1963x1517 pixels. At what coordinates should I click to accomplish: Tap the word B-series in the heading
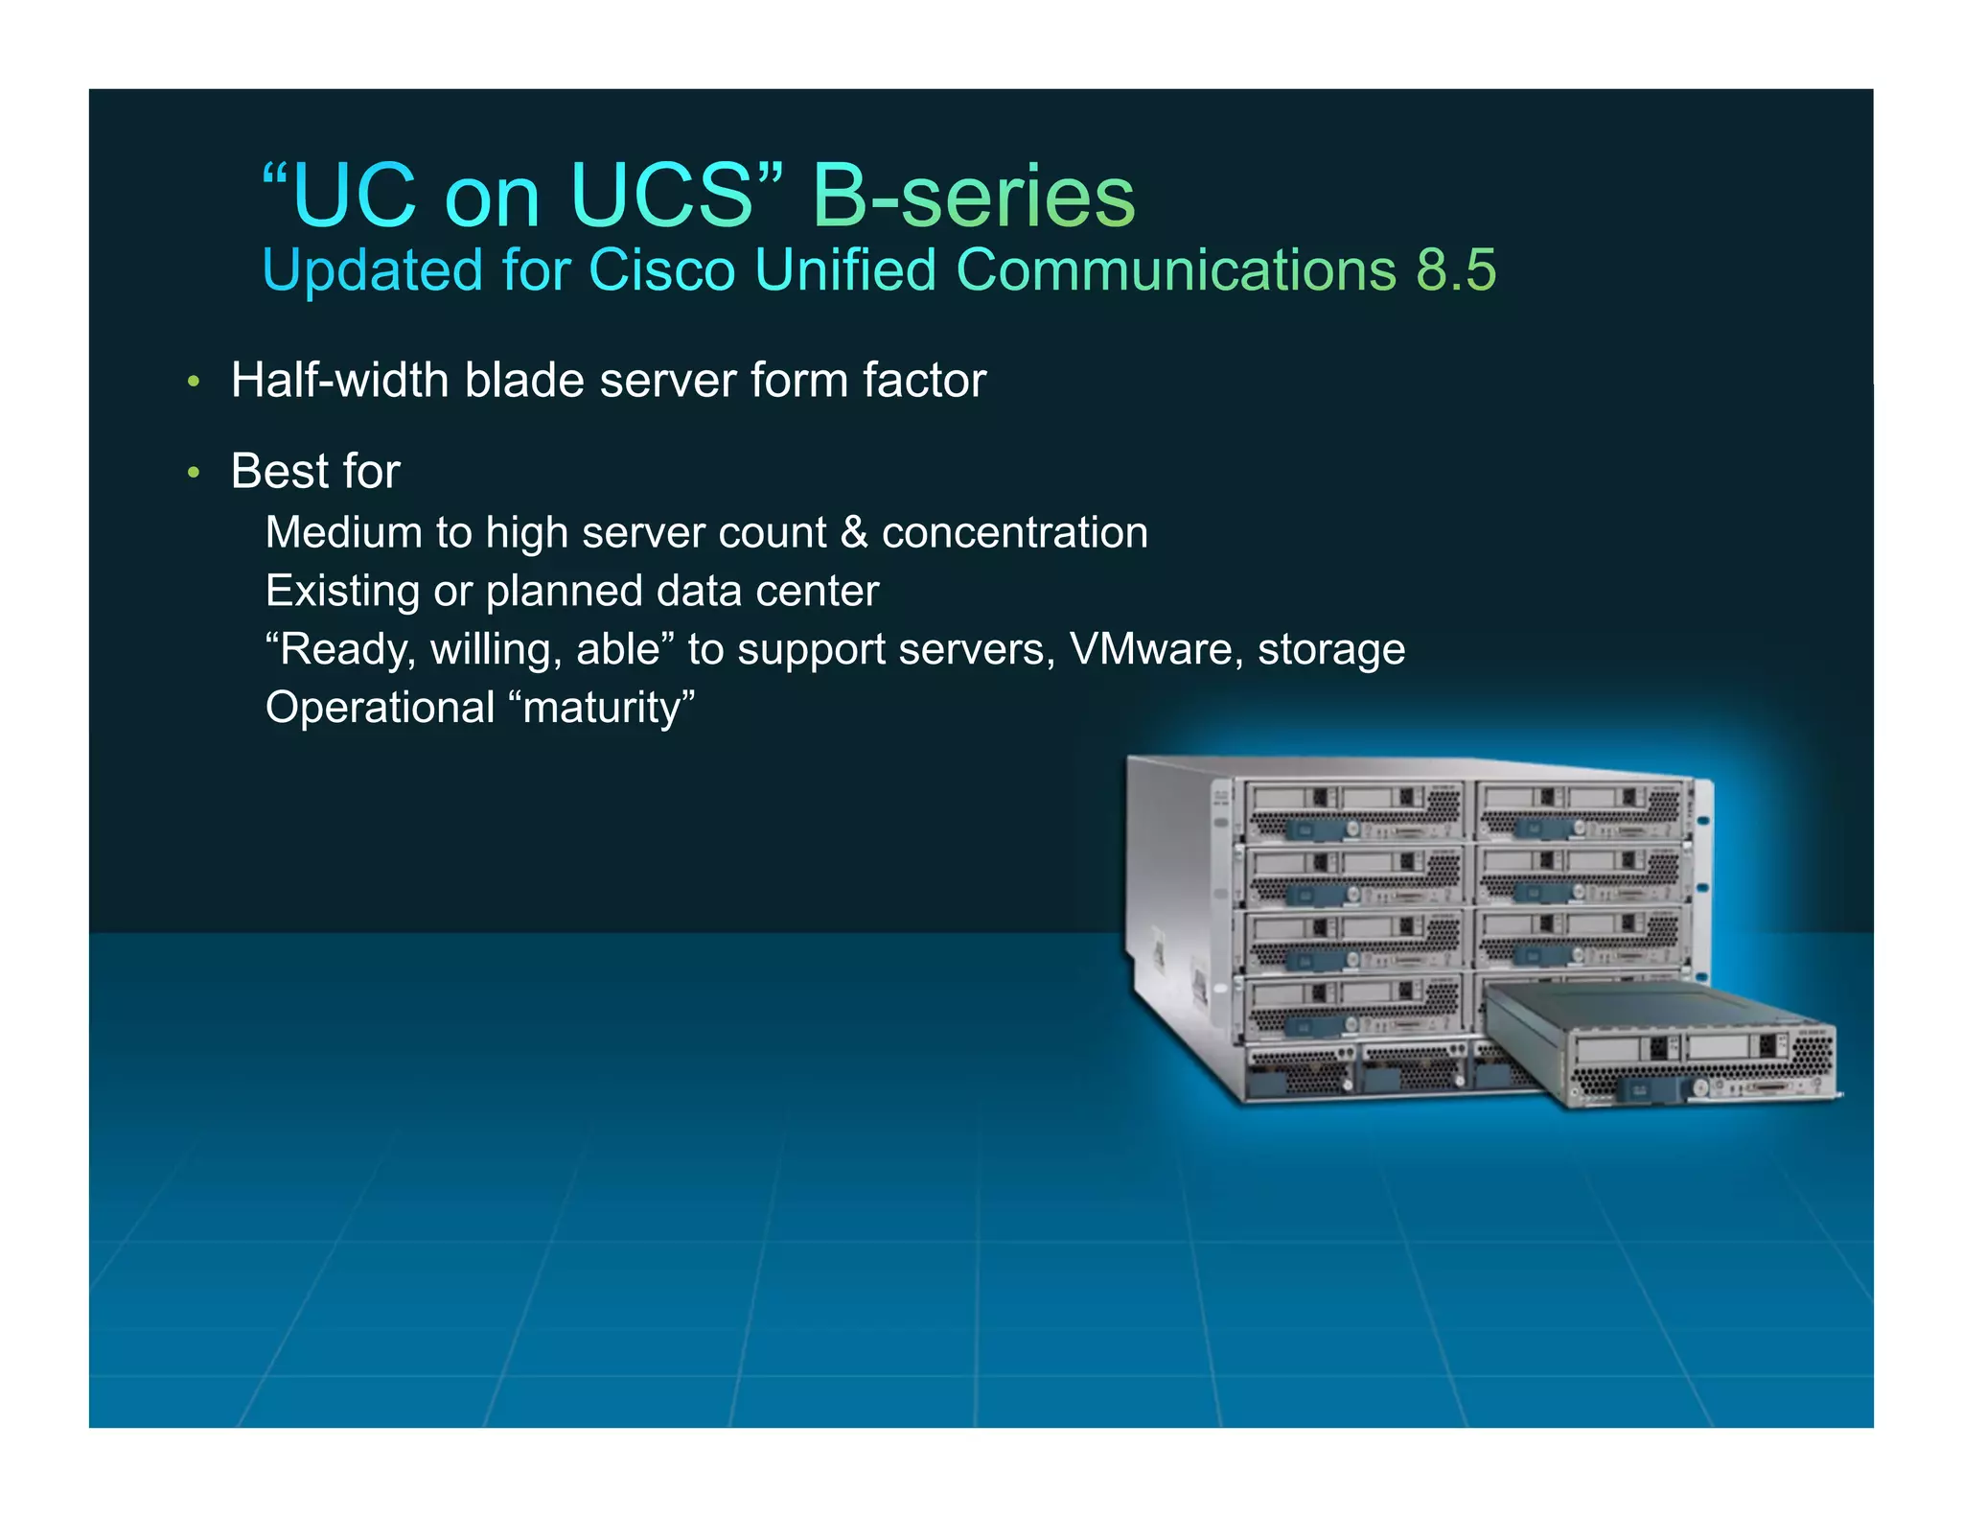click(x=973, y=197)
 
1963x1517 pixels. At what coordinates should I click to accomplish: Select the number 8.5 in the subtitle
click(x=1456, y=270)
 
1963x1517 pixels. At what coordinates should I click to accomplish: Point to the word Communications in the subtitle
click(x=1176, y=270)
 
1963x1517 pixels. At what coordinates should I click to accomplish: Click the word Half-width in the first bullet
click(x=340, y=381)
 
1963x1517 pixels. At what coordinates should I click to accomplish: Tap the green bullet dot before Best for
click(x=195, y=473)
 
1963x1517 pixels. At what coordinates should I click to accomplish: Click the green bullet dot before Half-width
click(x=195, y=383)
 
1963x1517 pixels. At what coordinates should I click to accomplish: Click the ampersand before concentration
click(x=853, y=533)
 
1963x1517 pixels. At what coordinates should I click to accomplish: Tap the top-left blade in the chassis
click(x=1353, y=810)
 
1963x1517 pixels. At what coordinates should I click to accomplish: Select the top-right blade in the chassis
click(x=1580, y=810)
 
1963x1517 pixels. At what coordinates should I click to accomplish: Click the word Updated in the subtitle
click(x=372, y=270)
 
